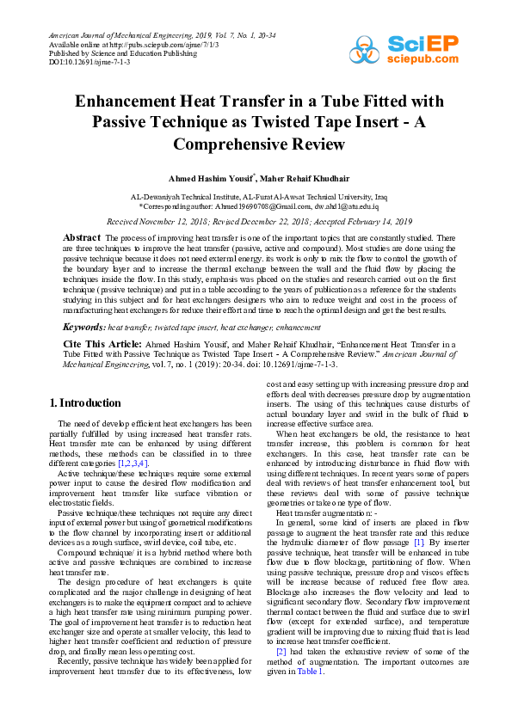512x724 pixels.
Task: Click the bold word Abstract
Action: coord(83,236)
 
